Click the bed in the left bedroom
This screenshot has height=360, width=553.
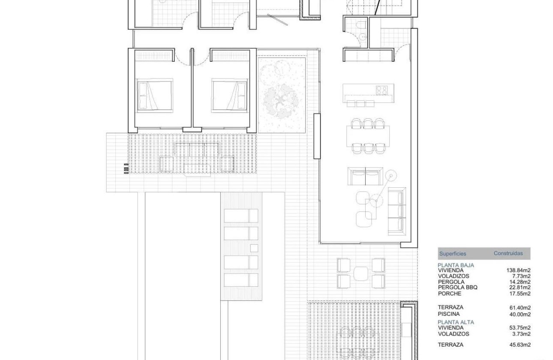[155, 95]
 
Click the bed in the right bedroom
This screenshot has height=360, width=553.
[230, 95]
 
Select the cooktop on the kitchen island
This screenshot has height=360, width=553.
[382, 90]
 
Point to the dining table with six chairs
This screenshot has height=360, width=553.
[368, 136]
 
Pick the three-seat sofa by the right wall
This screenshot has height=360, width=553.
[397, 211]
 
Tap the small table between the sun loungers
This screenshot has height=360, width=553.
[254, 248]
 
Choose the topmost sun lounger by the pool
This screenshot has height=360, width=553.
[241, 216]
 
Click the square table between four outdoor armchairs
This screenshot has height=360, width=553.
[361, 273]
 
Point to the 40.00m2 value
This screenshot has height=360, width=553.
[520, 314]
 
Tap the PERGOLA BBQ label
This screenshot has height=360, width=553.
[457, 288]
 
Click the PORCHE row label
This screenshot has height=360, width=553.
[450, 294]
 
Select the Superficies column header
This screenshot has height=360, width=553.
[452, 254]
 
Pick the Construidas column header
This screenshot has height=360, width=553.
[508, 253]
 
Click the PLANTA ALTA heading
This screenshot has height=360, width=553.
[456, 322]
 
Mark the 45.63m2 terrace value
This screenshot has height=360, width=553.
[520, 345]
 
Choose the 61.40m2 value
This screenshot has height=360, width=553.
[520, 307]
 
